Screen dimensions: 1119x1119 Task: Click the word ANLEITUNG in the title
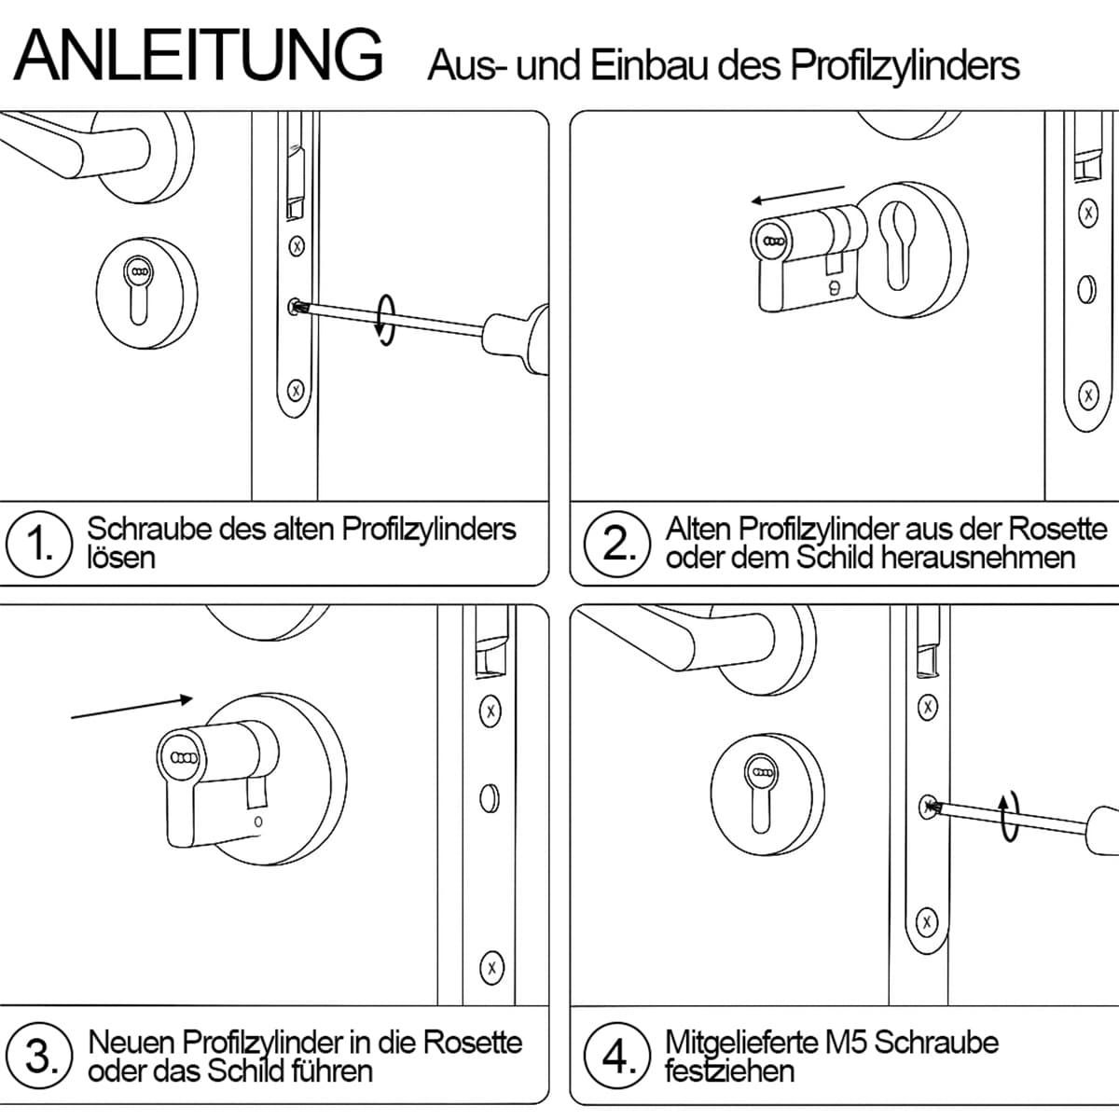198,55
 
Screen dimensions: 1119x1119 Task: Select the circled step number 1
39,544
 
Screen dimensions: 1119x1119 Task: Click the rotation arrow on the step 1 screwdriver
385,320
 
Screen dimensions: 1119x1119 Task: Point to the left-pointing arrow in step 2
798,194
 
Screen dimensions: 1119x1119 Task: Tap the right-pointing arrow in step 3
131,708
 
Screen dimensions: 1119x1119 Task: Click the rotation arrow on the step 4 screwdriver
1009,816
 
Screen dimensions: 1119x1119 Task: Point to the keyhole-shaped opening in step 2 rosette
897,245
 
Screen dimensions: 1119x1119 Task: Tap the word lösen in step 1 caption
121,558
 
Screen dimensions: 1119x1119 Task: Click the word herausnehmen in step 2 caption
978,558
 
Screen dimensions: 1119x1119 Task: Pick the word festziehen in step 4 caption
729,1071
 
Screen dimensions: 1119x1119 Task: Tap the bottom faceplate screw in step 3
491,968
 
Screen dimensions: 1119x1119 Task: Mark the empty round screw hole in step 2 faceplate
1087,289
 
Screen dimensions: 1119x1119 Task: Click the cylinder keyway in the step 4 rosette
763,794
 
